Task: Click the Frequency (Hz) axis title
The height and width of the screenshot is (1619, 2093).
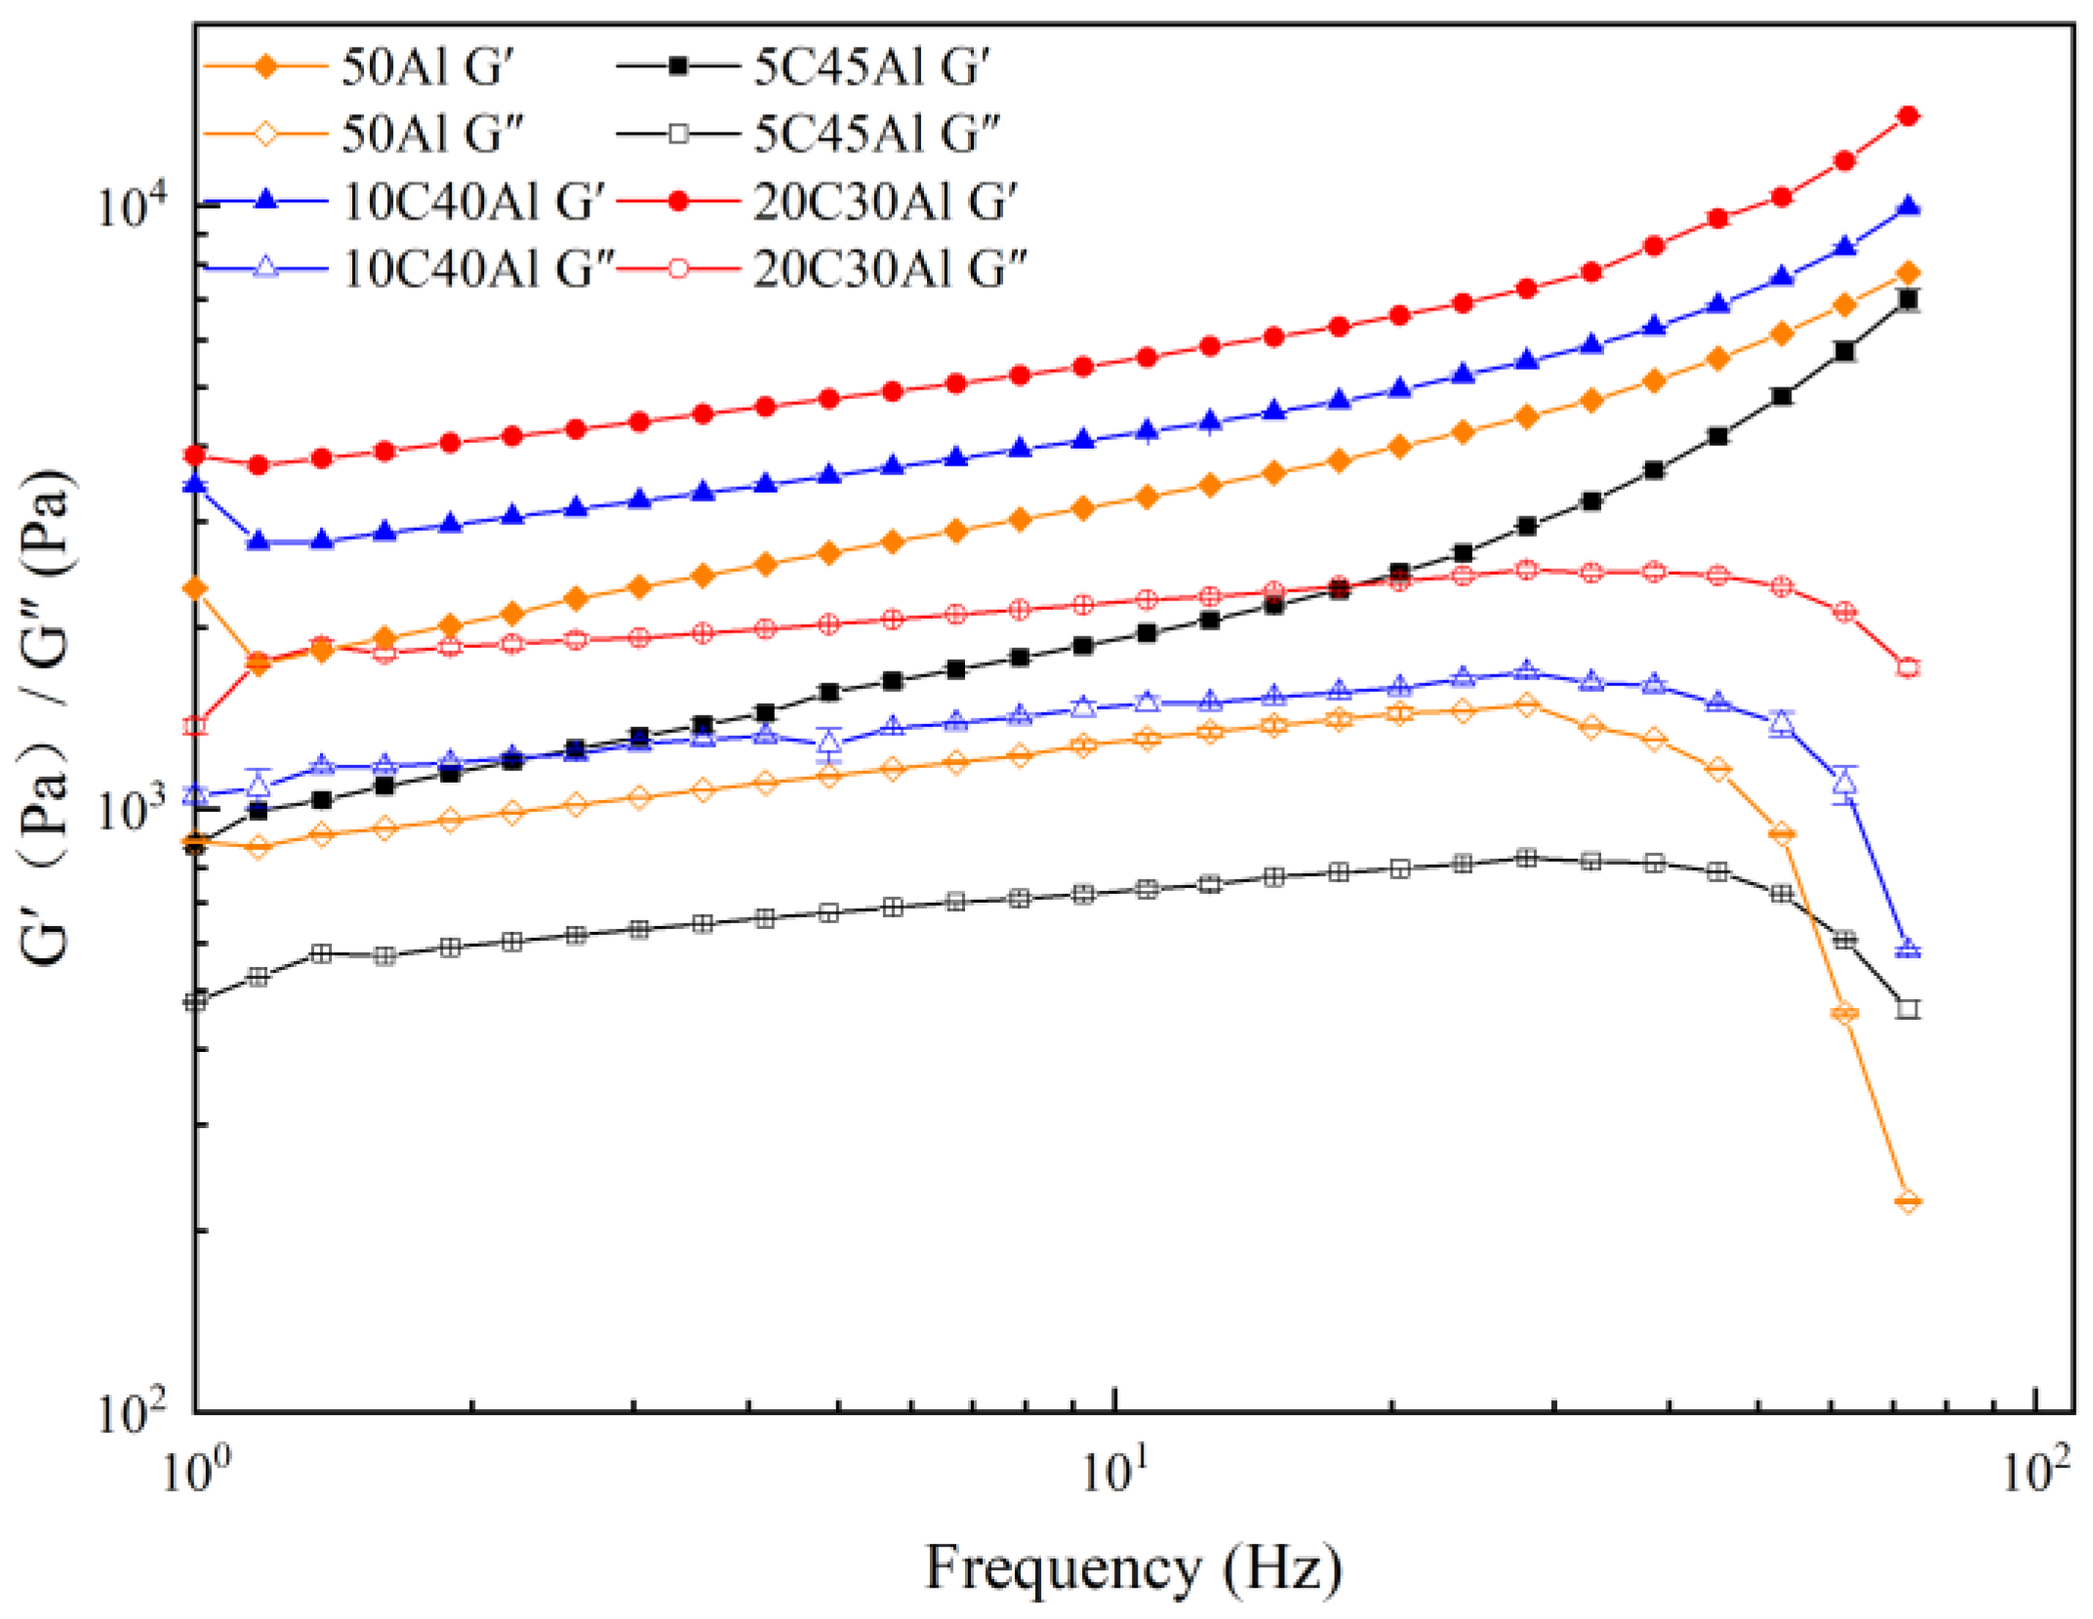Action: (1133, 1569)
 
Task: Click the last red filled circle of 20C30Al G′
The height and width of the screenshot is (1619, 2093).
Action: (1908, 116)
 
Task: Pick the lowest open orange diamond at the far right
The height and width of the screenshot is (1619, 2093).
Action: (1908, 1201)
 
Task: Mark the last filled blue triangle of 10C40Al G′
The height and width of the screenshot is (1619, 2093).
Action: (1908, 206)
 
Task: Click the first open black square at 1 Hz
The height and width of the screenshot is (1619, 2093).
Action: (196, 1000)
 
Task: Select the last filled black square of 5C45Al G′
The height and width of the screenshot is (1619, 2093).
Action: (1908, 300)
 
